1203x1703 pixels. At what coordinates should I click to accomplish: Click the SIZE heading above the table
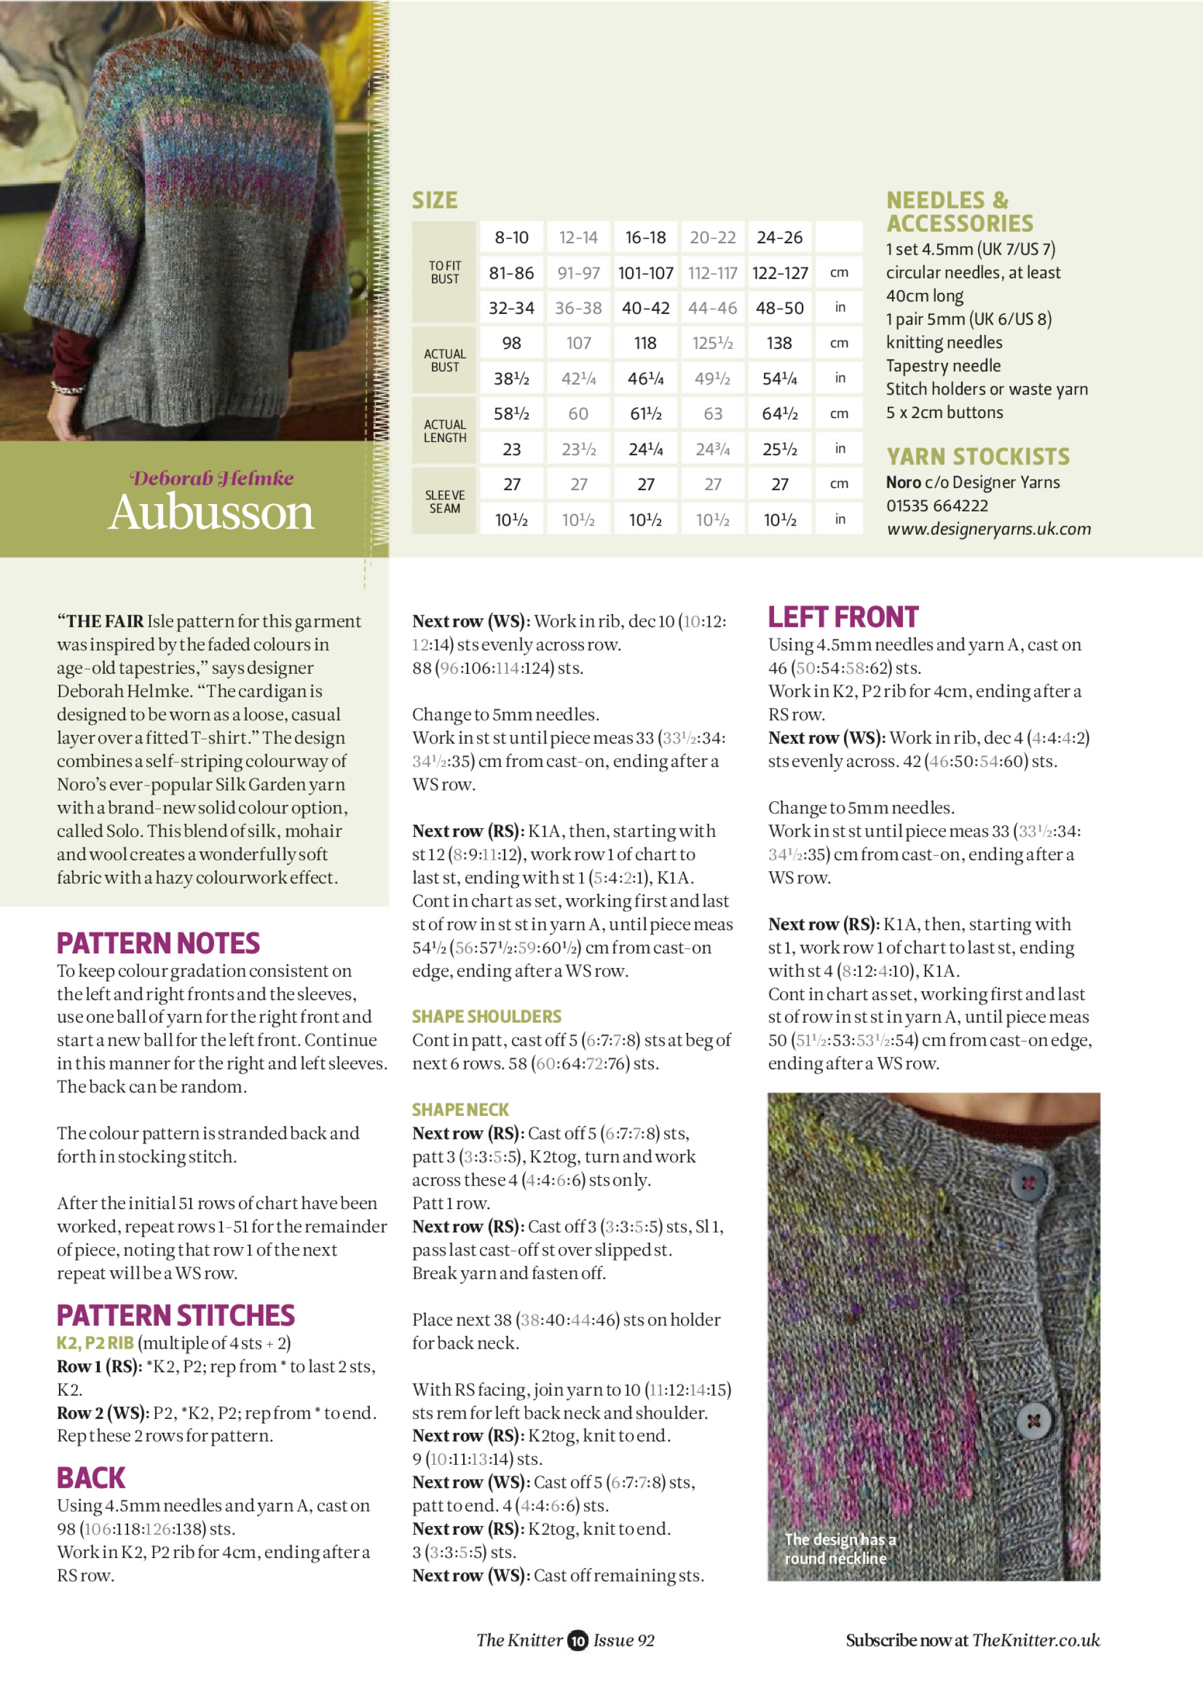pyautogui.click(x=435, y=200)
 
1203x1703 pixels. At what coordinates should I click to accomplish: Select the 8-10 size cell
pyautogui.click(x=512, y=238)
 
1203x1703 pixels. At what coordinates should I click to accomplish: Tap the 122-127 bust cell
pyautogui.click(x=780, y=273)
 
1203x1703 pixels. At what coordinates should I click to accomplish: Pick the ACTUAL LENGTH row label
pyautogui.click(x=445, y=431)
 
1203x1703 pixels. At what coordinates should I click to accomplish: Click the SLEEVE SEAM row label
pyautogui.click(x=445, y=502)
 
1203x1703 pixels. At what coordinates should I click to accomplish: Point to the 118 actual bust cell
pyautogui.click(x=645, y=343)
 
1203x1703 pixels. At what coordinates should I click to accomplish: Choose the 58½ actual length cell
pyautogui.click(x=512, y=414)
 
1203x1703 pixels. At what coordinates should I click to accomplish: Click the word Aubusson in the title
pyautogui.click(x=211, y=513)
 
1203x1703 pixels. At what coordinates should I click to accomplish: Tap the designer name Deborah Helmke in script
pyautogui.click(x=211, y=478)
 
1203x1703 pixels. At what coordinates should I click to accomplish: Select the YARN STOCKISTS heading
pyautogui.click(x=978, y=456)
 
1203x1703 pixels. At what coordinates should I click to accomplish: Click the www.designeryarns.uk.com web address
pyautogui.click(x=989, y=529)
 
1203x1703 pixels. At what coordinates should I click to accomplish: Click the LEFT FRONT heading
pyautogui.click(x=843, y=617)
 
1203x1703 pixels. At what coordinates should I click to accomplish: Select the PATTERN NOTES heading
pyautogui.click(x=159, y=943)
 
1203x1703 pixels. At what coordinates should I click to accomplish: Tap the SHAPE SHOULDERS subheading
pyautogui.click(x=487, y=1016)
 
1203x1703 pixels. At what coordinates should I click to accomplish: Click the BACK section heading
pyautogui.click(x=91, y=1478)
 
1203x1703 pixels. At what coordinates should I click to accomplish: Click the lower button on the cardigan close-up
pyautogui.click(x=1033, y=1421)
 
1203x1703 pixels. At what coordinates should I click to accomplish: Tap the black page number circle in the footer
pyautogui.click(x=578, y=1640)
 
